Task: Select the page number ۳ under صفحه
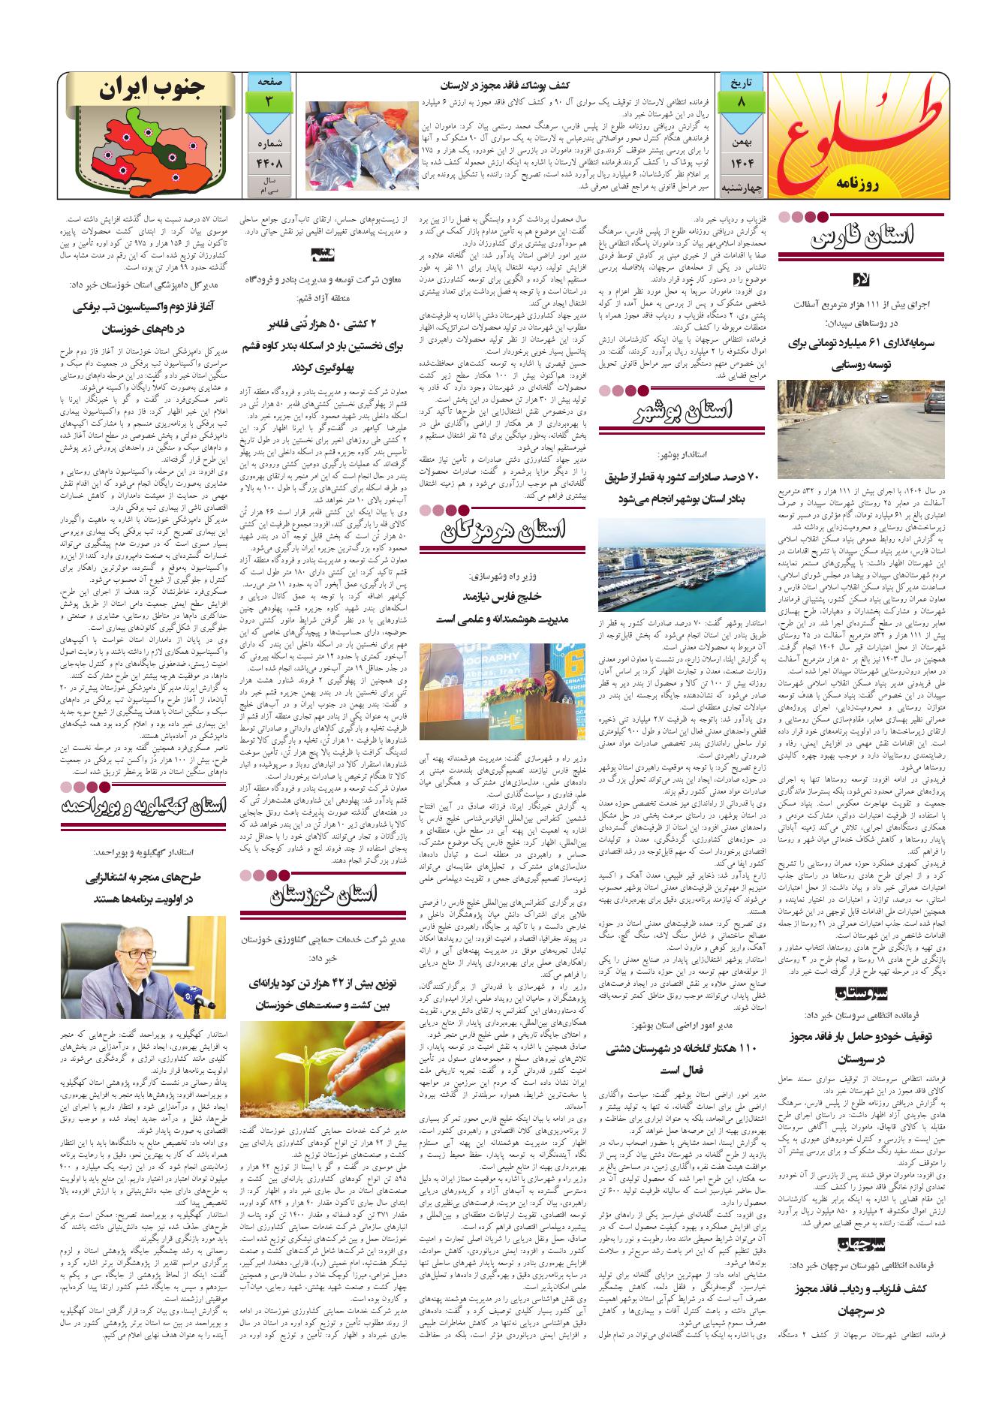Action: click(x=266, y=101)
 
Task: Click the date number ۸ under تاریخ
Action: click(x=741, y=101)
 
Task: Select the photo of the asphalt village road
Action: click(x=861, y=430)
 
